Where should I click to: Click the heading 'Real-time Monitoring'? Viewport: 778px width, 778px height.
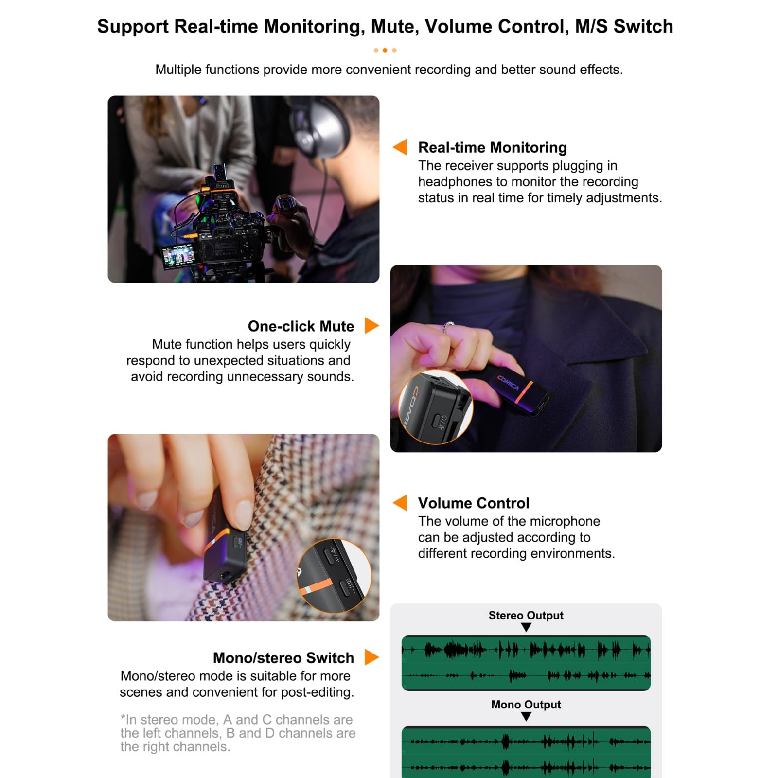point(492,147)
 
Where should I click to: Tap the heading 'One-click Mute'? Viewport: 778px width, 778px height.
point(301,326)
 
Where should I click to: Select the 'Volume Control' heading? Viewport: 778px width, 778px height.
point(473,503)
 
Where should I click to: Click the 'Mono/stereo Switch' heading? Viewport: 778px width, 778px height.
point(283,657)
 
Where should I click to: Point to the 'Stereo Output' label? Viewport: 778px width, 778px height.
point(526,615)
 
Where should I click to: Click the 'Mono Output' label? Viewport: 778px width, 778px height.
point(526,704)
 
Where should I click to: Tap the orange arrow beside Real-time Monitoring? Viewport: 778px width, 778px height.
point(400,147)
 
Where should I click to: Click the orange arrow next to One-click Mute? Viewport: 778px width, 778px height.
point(371,325)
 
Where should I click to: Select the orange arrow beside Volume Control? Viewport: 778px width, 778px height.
point(400,502)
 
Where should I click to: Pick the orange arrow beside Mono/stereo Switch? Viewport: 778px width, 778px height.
point(371,657)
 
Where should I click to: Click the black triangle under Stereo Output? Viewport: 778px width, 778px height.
point(526,627)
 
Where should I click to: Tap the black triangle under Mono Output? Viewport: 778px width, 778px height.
point(526,716)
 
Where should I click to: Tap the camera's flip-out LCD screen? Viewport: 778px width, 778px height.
point(178,256)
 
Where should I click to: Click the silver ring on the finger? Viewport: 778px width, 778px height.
point(448,327)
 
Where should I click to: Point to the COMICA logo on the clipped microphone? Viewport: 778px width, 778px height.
point(508,383)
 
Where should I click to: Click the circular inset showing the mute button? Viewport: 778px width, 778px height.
point(435,407)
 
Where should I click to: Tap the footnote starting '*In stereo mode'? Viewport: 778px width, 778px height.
point(237,733)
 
